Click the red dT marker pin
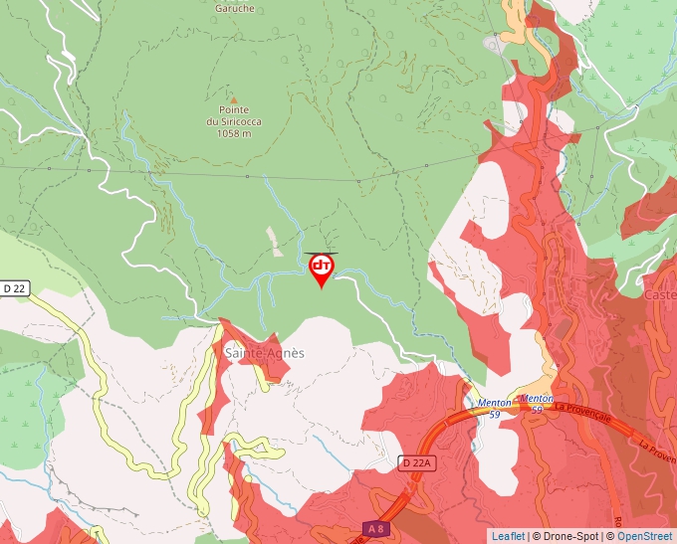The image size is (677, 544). [322, 268]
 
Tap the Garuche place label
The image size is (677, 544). [235, 8]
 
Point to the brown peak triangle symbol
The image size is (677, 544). [234, 99]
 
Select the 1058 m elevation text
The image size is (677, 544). [234, 133]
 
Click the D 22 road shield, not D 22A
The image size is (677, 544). [14, 288]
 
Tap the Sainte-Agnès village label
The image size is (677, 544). [264, 353]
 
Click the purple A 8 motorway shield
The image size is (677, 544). [373, 528]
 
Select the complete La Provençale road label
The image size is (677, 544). [586, 407]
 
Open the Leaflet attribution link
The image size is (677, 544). [509, 536]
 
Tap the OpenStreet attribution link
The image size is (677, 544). [645, 536]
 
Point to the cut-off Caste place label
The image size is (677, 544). [660, 295]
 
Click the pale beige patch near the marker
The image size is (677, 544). [274, 237]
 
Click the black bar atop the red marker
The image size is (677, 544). [322, 253]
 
